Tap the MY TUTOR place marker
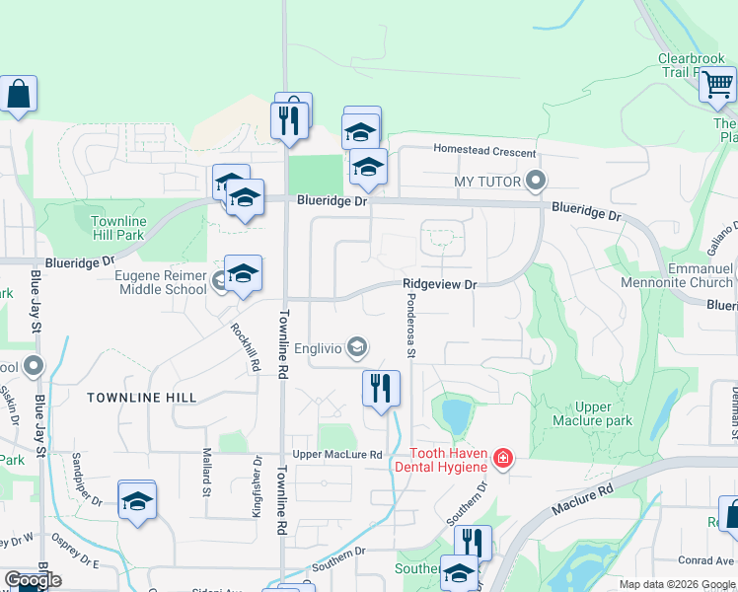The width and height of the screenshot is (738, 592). point(536,181)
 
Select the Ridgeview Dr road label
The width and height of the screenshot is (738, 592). point(439,284)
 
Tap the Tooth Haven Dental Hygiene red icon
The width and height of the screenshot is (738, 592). point(503,458)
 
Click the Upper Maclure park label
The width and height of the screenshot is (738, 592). point(593,413)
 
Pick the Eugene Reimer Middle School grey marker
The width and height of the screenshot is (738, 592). point(220,281)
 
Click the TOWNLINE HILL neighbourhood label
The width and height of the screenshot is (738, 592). point(141,398)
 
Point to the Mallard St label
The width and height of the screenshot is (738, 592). point(207,471)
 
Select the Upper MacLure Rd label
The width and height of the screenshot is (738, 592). point(336,454)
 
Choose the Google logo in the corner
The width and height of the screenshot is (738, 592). point(33,580)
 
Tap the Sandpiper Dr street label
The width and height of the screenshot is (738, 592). point(88,480)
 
